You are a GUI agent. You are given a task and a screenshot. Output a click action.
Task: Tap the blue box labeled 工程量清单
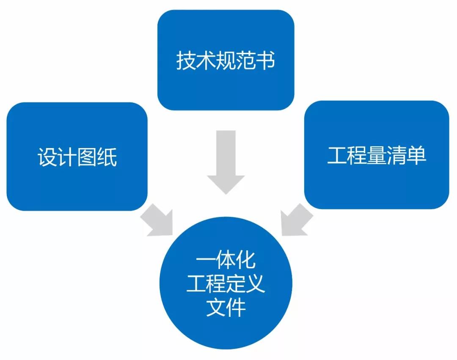pos(376,182)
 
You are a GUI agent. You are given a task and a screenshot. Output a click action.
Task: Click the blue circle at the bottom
pos(226,334)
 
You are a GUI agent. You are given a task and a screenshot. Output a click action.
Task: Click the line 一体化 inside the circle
pos(226,261)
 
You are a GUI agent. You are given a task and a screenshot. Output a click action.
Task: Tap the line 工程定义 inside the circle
pos(226,284)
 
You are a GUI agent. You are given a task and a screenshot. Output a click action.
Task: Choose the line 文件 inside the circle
pos(226,308)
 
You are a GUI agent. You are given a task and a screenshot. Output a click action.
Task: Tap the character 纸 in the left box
pos(107,157)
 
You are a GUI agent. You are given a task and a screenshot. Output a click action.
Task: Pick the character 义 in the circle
pos(255,284)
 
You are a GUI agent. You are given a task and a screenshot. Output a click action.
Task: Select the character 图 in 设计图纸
pos(87,157)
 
